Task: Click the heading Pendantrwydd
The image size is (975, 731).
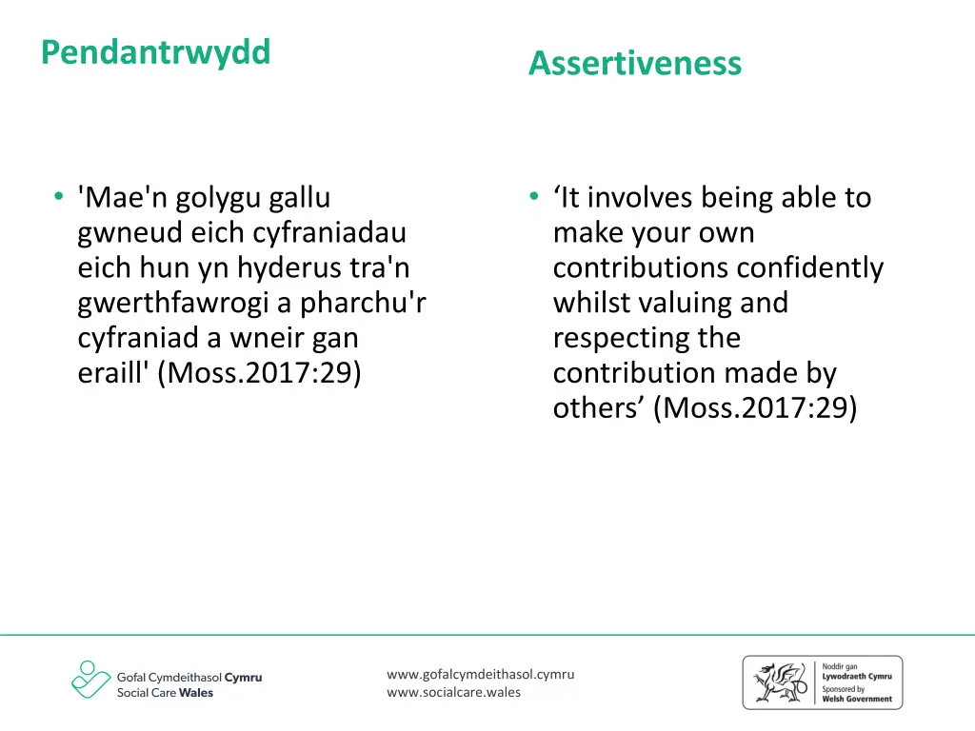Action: click(155, 52)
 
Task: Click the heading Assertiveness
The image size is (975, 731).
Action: click(634, 64)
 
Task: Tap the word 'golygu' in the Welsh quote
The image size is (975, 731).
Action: click(216, 198)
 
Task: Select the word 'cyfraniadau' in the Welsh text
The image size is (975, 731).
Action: click(330, 232)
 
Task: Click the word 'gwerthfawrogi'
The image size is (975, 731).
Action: click(185, 303)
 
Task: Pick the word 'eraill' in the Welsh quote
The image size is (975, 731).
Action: click(114, 372)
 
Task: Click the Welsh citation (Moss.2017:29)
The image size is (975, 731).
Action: click(261, 372)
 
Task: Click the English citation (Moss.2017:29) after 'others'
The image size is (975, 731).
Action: click(756, 407)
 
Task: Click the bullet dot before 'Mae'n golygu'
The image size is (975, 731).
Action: click(59, 198)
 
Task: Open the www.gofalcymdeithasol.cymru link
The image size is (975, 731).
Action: click(480, 675)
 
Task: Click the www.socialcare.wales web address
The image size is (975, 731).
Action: click(453, 692)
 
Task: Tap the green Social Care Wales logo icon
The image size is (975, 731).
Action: click(90, 680)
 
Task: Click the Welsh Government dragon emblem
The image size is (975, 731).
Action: click(779, 682)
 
